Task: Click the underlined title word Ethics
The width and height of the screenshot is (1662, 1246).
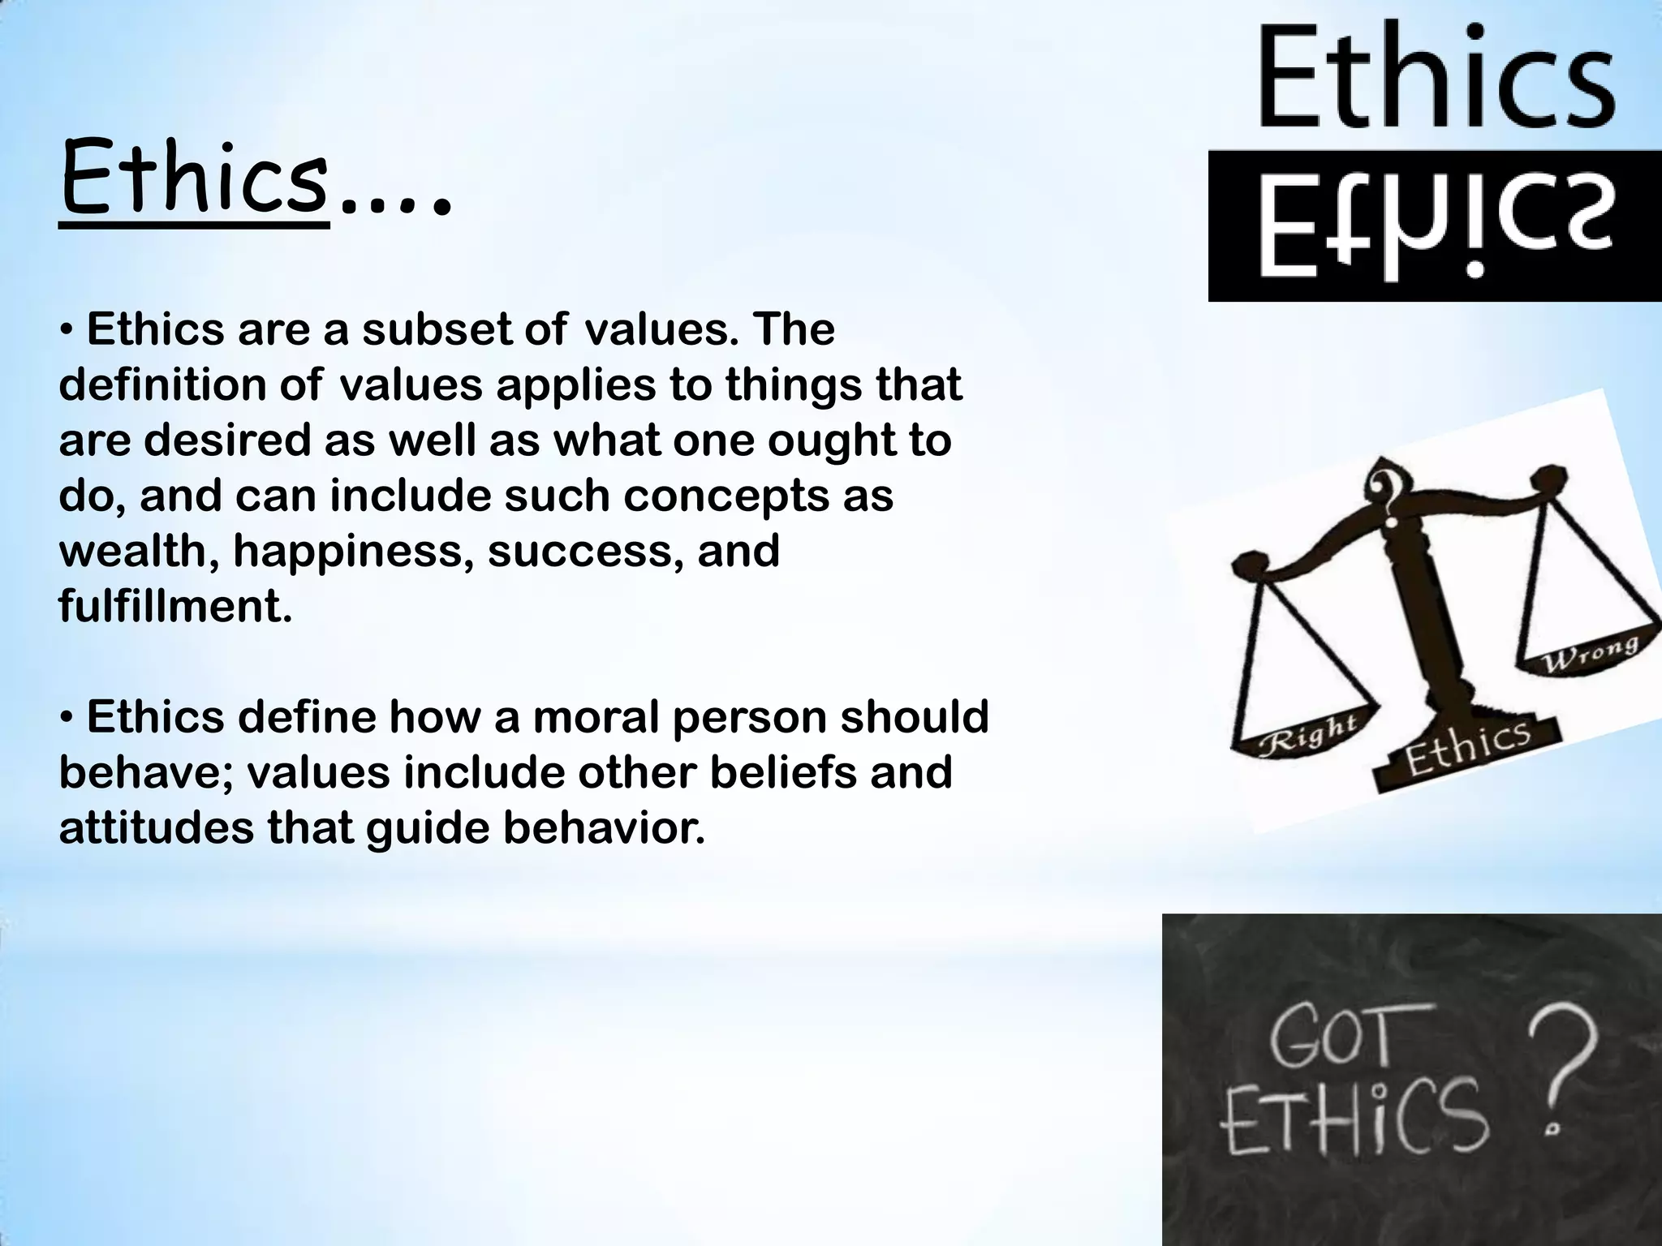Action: [x=194, y=181]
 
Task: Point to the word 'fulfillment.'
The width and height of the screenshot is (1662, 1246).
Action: [x=175, y=606]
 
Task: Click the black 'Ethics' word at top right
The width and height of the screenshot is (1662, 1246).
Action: [x=1436, y=77]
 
